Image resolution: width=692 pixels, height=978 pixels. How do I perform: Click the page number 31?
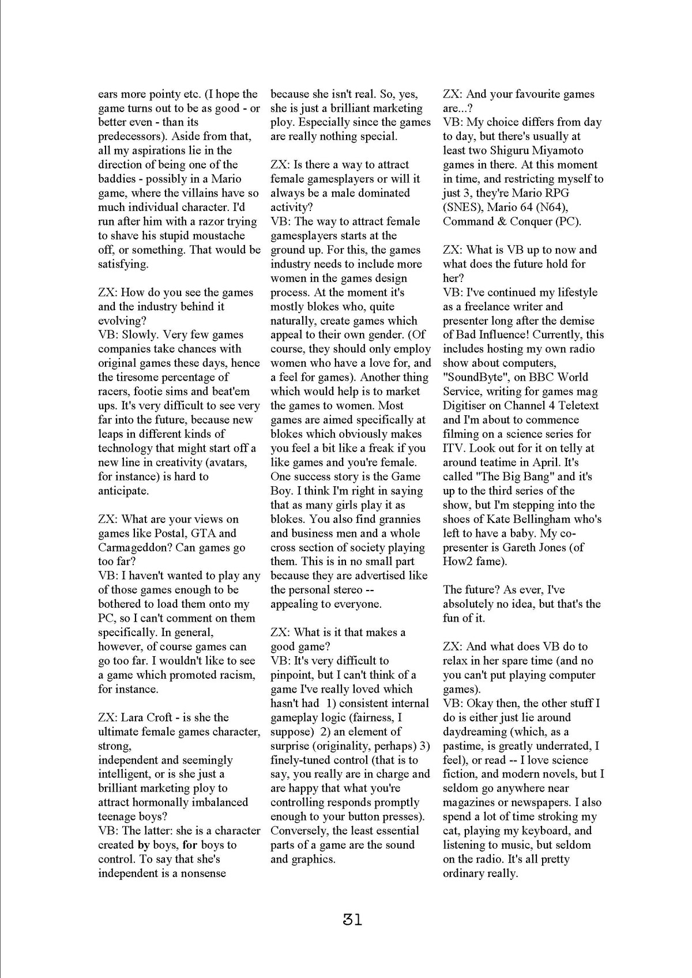352,920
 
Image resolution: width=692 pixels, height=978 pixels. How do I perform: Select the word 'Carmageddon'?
135,547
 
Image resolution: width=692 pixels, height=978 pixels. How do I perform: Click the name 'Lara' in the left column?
133,717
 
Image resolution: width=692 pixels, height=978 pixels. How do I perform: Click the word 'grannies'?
400,519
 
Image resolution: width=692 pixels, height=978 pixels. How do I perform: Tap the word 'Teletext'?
575,405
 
